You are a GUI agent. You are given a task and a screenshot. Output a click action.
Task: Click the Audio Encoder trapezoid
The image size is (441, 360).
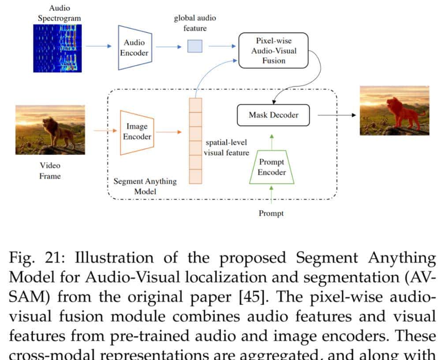pos(135,48)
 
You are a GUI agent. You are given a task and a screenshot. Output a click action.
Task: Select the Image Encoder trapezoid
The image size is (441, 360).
pos(137,132)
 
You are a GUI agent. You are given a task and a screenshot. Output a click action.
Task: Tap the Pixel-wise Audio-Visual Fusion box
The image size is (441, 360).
pos(273,51)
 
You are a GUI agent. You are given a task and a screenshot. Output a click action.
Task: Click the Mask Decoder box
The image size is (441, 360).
pos(273,115)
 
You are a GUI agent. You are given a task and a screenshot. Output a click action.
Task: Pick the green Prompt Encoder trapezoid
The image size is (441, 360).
pos(271,167)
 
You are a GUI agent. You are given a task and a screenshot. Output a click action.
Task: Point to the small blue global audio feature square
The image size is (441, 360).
pos(195,46)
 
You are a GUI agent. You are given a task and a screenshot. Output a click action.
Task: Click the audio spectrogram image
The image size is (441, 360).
pos(57,48)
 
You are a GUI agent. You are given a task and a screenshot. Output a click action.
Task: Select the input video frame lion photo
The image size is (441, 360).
pos(50,130)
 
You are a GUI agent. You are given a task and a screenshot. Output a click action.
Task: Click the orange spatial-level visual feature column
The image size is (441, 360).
pos(195,141)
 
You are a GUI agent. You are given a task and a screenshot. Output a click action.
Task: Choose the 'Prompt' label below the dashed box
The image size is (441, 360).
pos(271,213)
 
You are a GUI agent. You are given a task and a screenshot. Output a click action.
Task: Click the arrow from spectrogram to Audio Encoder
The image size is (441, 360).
pos(97,46)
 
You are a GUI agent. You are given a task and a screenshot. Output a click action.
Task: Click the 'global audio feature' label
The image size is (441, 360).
pos(195,23)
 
